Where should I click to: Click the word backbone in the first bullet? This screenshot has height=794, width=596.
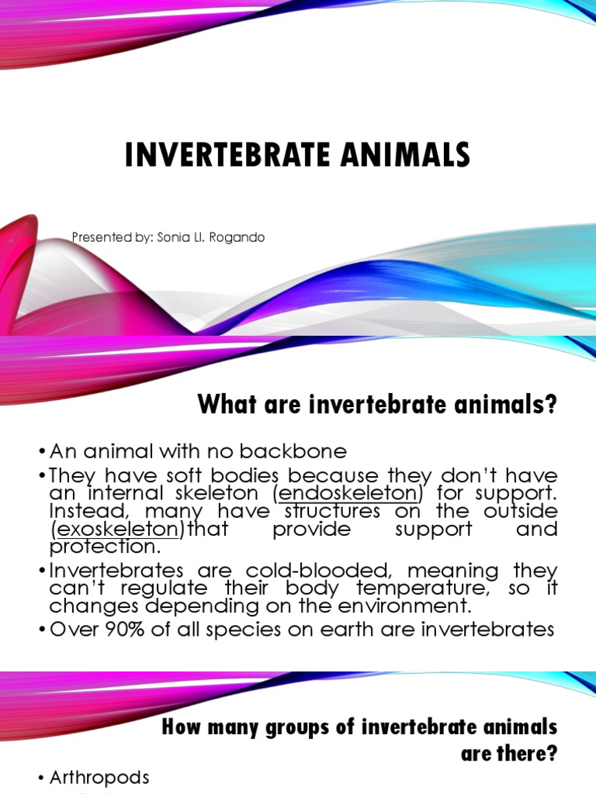click(x=295, y=451)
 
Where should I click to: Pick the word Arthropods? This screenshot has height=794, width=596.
click(x=99, y=777)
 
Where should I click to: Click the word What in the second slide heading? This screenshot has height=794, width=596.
click(x=224, y=405)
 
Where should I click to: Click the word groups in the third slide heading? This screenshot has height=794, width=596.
click(x=282, y=728)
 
